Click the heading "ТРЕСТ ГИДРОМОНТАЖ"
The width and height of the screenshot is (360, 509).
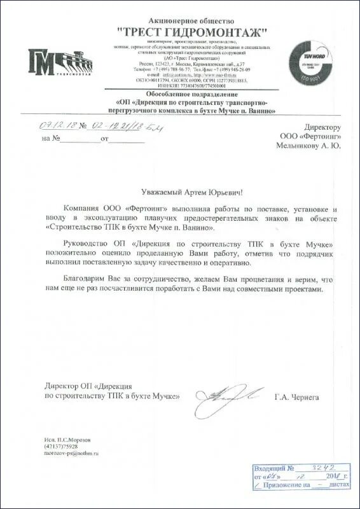[x=191, y=32]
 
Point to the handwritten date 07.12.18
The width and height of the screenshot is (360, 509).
[x=60, y=125]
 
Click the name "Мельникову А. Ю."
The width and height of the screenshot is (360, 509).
[x=308, y=146]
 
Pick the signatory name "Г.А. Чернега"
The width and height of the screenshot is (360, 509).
[x=297, y=396]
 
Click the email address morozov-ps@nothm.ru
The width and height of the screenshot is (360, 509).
[x=73, y=452]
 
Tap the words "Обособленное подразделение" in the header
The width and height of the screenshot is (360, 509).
[x=195, y=94]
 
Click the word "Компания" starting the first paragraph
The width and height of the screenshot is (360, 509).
[x=83, y=209]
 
